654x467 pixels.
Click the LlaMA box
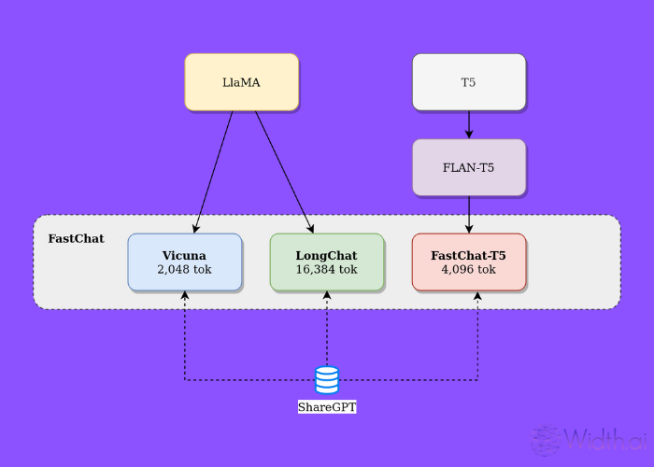(241, 82)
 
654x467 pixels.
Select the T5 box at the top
(469, 82)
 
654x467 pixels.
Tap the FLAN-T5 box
(469, 168)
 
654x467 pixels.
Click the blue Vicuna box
(184, 262)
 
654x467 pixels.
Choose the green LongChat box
(327, 262)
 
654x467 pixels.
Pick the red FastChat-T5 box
(469, 262)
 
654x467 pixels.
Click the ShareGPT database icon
(327, 380)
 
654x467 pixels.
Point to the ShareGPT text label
(327, 407)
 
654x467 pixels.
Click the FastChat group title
(76, 239)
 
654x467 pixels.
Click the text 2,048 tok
(184, 269)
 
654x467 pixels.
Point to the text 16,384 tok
(327, 269)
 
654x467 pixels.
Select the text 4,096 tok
(469, 269)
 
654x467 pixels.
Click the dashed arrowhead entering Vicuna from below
(185, 296)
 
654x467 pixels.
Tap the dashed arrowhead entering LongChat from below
(327, 296)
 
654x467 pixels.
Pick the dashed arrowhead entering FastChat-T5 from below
(478, 296)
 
